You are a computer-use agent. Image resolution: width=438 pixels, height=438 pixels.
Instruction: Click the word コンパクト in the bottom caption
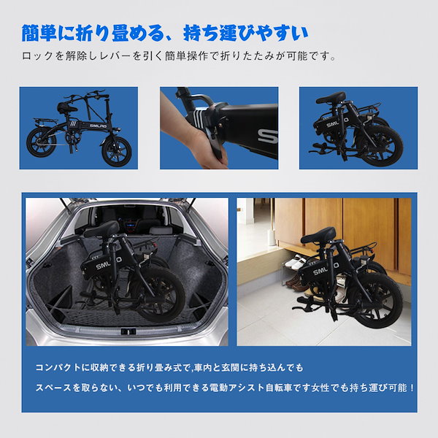[x=66, y=366]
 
